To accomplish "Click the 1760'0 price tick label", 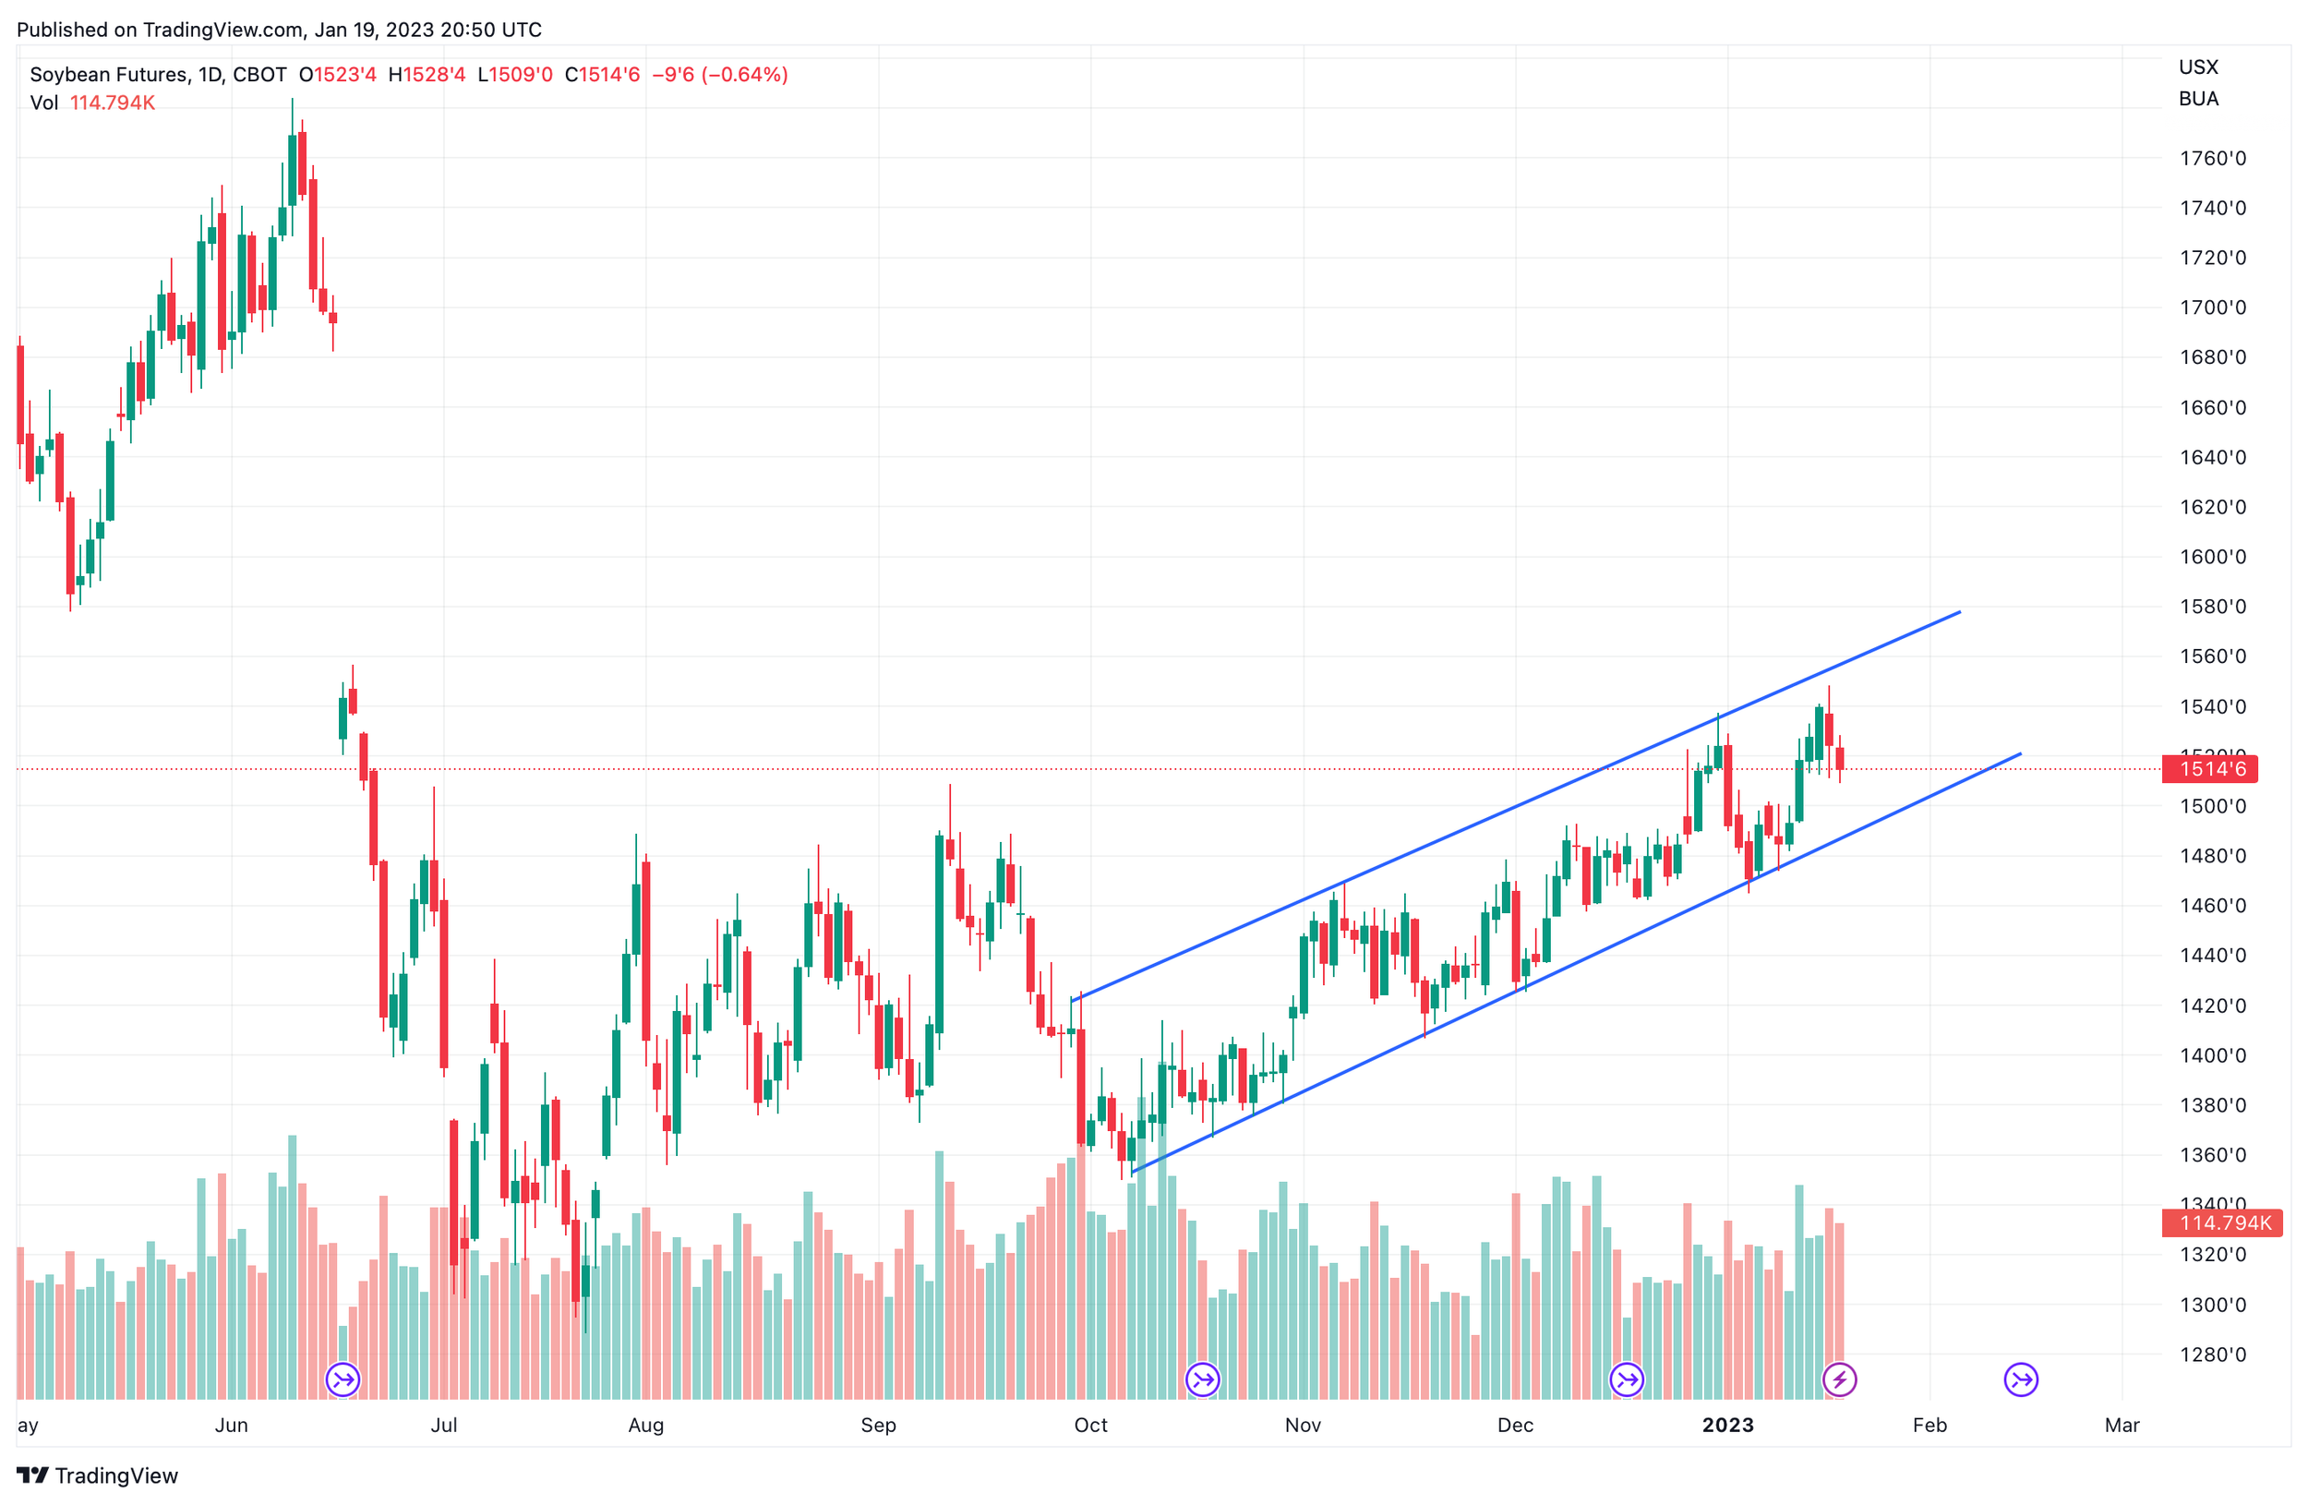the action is [2212, 158].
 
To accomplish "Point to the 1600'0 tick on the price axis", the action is [2212, 557].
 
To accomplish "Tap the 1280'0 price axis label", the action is [2212, 1354].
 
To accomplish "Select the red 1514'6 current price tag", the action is [2210, 769].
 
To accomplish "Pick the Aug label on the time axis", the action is [646, 1425].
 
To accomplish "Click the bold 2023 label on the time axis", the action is [1728, 1425].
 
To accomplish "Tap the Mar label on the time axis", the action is [2122, 1425].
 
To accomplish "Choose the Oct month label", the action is [1091, 1425].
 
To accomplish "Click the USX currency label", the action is [2198, 66].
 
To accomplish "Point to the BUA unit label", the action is [2198, 98].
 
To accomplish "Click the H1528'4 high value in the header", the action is [427, 75].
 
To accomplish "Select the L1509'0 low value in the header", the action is [515, 75].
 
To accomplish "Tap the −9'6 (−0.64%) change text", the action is [719, 75].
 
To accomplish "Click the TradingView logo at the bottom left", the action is [98, 1475].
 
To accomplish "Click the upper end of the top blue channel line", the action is [1960, 612].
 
